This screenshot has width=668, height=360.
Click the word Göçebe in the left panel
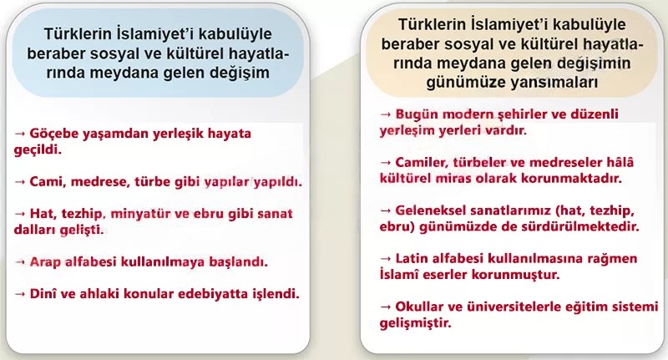click(x=53, y=133)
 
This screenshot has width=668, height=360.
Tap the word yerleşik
click(x=173, y=133)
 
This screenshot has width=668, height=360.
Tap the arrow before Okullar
click(x=385, y=307)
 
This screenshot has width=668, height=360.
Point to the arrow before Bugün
click(x=385, y=113)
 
